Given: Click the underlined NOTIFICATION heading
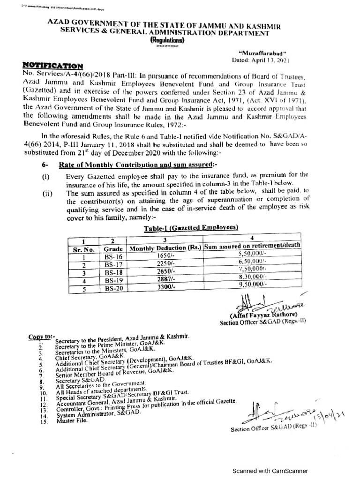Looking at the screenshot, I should click(53, 66).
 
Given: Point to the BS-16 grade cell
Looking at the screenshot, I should click(113, 257).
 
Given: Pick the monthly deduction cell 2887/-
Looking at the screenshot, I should click(165, 280).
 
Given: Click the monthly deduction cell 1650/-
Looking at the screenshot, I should click(165, 257).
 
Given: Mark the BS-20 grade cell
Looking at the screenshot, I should click(113, 288).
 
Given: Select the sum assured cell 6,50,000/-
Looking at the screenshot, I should click(252, 265).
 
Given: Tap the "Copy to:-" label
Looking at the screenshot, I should click(42, 337).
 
